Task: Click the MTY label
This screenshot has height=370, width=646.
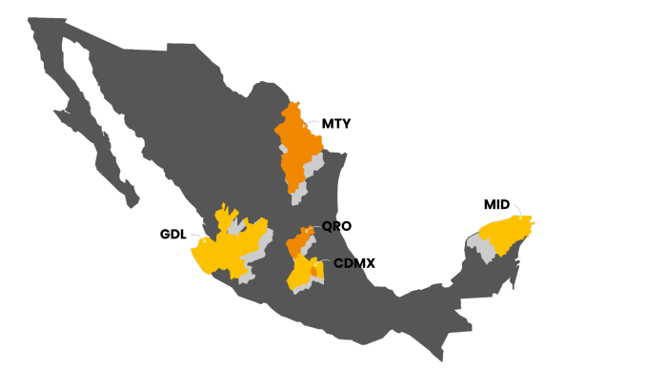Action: (337, 124)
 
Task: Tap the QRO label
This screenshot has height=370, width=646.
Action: (336, 227)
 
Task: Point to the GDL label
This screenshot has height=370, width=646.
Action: (173, 235)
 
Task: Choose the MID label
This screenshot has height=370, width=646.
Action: (496, 204)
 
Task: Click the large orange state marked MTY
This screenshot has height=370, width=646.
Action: (297, 143)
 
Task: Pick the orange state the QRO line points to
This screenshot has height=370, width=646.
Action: (296, 242)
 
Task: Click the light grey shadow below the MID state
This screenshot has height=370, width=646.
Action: (487, 251)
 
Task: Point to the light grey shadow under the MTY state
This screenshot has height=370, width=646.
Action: (301, 195)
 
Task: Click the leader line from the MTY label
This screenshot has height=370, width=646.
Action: (312, 124)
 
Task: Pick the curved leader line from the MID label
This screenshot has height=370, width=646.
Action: (517, 212)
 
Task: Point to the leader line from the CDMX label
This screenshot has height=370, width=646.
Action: (322, 261)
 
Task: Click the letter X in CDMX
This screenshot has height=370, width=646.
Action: (368, 262)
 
